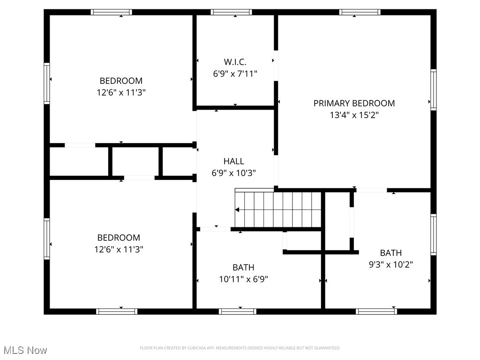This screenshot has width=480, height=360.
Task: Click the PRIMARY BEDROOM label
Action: pos(354,103)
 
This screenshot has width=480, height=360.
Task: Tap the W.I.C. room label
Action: pos(235,62)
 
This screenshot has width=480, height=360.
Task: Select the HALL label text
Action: pos(233,161)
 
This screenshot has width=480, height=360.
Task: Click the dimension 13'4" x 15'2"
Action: pos(354,115)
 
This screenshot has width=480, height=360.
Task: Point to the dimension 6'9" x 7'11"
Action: pos(235,74)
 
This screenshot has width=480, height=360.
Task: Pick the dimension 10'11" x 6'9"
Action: pos(243,279)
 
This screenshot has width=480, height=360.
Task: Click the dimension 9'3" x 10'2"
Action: pos(390,264)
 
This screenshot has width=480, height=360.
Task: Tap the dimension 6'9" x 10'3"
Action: pos(233,173)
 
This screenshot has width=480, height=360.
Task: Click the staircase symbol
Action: pos(278,209)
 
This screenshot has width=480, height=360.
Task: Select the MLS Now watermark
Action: pos(25,350)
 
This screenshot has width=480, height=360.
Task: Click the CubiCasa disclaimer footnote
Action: pos(240,348)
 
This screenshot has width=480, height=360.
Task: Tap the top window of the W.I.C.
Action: pos(231,12)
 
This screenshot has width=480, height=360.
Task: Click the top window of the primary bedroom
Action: pos(360,12)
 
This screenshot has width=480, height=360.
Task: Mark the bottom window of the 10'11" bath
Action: pos(237,311)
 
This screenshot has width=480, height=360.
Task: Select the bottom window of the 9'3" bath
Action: pos(376,311)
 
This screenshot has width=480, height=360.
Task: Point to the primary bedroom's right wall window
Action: pos(434,90)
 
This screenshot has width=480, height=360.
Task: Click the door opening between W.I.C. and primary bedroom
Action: pos(276,66)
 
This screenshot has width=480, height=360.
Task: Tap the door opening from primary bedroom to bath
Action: pos(371,190)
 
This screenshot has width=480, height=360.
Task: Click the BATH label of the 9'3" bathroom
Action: pos(390,253)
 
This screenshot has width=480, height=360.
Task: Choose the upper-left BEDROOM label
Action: pos(121,81)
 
